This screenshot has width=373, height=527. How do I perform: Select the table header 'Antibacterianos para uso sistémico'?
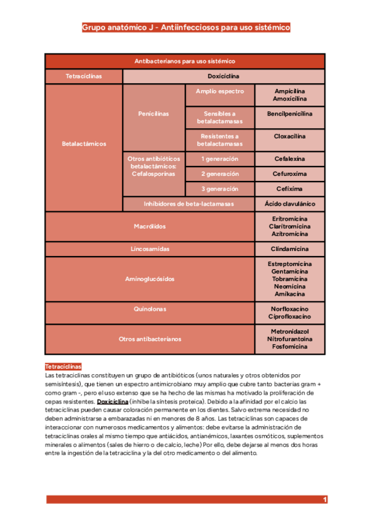click(x=185, y=62)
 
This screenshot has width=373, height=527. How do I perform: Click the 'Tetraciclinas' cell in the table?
click(x=84, y=76)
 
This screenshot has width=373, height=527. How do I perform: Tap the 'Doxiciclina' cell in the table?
click(x=223, y=76)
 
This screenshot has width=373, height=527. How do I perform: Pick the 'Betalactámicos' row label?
click(x=84, y=144)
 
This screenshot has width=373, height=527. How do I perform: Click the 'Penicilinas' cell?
click(x=154, y=114)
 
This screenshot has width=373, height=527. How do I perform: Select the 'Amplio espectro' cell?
click(x=219, y=91)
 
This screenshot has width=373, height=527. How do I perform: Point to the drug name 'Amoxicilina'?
click(x=290, y=99)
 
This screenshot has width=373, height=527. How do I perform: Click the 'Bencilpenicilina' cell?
click(x=290, y=114)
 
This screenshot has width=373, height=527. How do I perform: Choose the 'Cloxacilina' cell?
click(x=290, y=135)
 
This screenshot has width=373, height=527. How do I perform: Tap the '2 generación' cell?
click(x=219, y=174)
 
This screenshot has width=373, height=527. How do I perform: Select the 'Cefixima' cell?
click(x=290, y=189)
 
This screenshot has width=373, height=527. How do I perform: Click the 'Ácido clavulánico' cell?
click(x=290, y=204)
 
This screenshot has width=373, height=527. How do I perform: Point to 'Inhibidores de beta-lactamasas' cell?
click(x=188, y=204)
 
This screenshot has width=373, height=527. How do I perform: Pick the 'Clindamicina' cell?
click(x=290, y=249)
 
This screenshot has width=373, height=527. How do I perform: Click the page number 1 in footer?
click(x=325, y=500)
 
